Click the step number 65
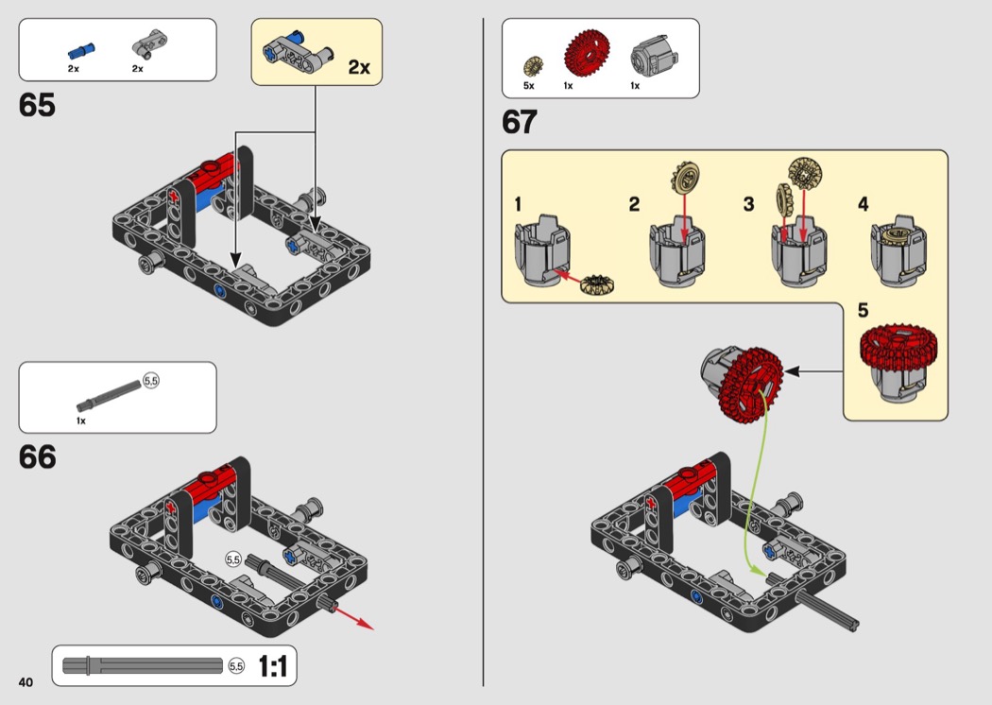[x=37, y=106]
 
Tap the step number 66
[x=38, y=457]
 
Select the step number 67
[x=520, y=123]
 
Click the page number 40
[x=25, y=682]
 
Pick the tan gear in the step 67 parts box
[x=533, y=67]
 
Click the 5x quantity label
[x=529, y=86]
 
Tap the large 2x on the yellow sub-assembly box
[x=359, y=67]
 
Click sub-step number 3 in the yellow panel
[x=748, y=204]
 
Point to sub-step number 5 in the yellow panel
[x=864, y=310]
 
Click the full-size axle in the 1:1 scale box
[x=142, y=666]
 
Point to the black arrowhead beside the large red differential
[x=792, y=372]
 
